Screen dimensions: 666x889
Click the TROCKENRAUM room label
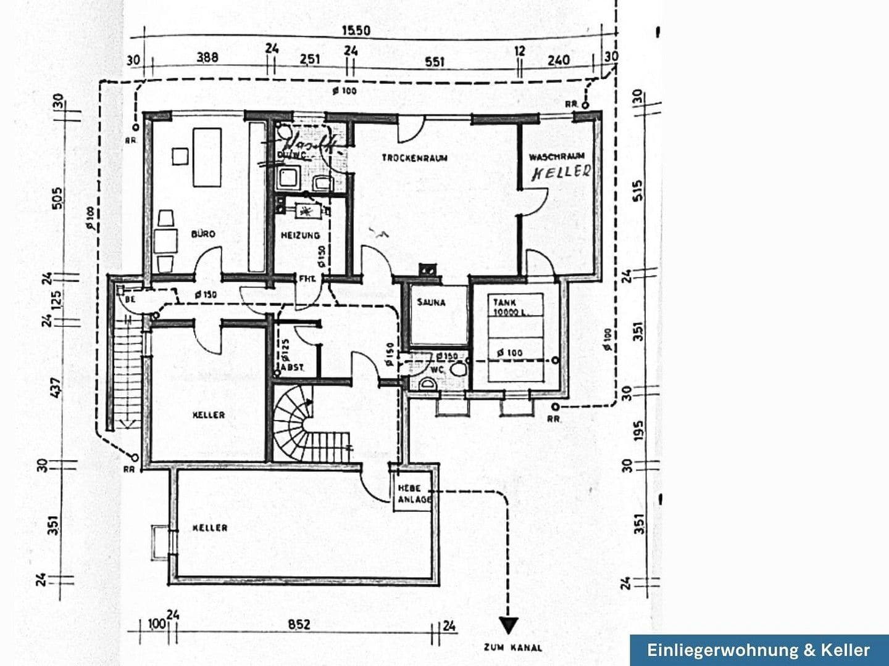point(414,158)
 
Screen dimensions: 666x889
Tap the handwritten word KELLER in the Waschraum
point(561,172)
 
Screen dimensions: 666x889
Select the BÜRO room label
point(203,234)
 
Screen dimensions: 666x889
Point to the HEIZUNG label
point(300,235)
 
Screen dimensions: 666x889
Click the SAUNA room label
point(431,302)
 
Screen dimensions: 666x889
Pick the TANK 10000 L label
point(510,307)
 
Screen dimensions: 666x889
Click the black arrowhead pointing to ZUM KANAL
point(508,626)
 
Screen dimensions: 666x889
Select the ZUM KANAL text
point(513,647)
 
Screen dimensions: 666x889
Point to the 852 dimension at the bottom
point(299,625)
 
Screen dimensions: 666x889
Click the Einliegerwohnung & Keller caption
point(759,650)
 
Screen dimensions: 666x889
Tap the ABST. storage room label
point(292,368)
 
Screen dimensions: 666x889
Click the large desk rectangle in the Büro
point(207,157)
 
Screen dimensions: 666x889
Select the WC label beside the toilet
point(437,369)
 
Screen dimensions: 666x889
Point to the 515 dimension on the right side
point(638,189)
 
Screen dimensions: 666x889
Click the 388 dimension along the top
point(207,57)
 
